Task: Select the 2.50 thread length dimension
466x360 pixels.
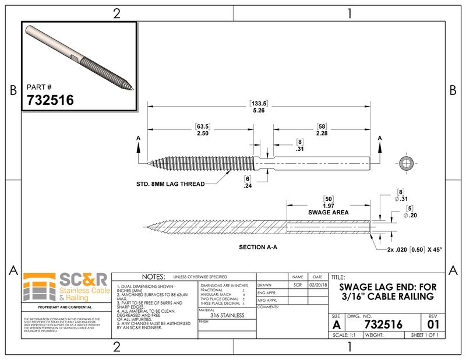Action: click(202, 134)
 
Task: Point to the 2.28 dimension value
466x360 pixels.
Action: click(321, 134)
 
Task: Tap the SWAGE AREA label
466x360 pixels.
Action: click(329, 213)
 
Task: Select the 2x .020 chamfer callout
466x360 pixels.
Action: click(407, 249)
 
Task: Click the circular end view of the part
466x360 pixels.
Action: click(405, 163)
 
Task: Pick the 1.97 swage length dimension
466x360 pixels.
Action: click(329, 206)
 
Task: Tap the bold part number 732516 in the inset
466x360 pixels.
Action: click(51, 100)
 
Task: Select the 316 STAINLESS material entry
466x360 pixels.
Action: click(227, 315)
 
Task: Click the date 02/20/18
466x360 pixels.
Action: click(317, 285)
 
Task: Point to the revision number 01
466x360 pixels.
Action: click(432, 324)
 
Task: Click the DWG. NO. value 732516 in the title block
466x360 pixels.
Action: click(383, 324)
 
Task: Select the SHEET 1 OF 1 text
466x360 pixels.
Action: click(423, 336)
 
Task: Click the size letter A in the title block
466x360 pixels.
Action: click(337, 324)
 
